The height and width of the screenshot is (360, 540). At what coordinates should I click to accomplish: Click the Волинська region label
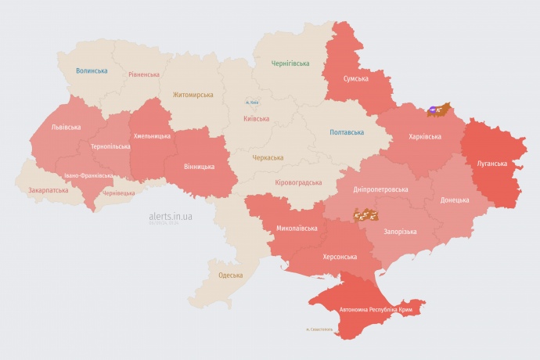tap(92, 71)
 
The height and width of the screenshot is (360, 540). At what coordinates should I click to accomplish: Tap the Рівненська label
tap(144, 75)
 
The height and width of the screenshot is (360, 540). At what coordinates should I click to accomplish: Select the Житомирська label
tap(193, 95)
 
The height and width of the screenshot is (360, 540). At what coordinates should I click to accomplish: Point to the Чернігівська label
tap(290, 63)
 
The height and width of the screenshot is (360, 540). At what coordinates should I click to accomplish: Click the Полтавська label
tap(347, 132)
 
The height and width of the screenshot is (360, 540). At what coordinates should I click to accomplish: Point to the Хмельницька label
tap(152, 136)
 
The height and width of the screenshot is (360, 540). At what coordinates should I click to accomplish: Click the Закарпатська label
tap(47, 189)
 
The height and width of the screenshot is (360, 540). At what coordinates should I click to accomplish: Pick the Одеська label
tap(230, 275)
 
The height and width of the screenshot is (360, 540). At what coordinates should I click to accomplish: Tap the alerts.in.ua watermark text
tap(171, 215)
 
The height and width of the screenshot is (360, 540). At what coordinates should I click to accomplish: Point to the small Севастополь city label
tap(319, 329)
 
